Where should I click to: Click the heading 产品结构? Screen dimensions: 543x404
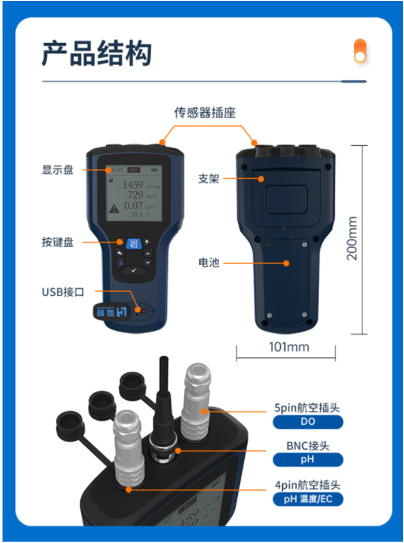[x=97, y=53]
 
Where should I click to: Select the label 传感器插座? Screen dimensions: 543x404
[x=205, y=112]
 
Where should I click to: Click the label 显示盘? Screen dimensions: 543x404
[x=58, y=170]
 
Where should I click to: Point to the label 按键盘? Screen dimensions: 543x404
[x=58, y=242]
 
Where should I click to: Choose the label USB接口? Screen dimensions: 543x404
[x=63, y=292]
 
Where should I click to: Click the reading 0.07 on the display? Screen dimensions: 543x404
[x=133, y=206]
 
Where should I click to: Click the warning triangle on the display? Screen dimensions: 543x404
[x=114, y=209]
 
